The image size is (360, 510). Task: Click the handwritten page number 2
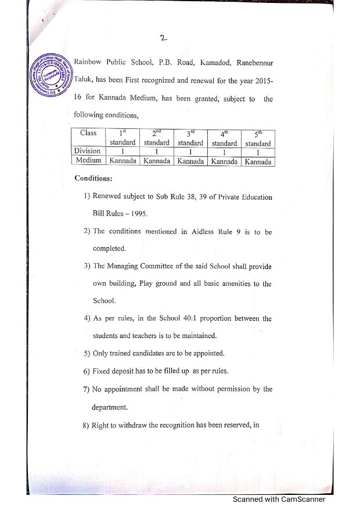pos(164,38)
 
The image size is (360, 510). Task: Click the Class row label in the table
pos(88,133)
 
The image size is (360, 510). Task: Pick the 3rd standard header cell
pos(190,138)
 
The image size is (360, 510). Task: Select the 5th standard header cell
pos(257,138)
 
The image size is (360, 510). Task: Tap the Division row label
pos(88,151)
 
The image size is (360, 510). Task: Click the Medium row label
pos(88,161)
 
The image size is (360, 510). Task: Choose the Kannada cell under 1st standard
pos(123,161)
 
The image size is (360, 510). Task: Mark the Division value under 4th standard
pos(224,152)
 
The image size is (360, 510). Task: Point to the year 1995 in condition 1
pos(137,213)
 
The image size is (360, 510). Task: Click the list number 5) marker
pos(87,353)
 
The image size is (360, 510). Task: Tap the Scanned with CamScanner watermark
pos(279,500)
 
